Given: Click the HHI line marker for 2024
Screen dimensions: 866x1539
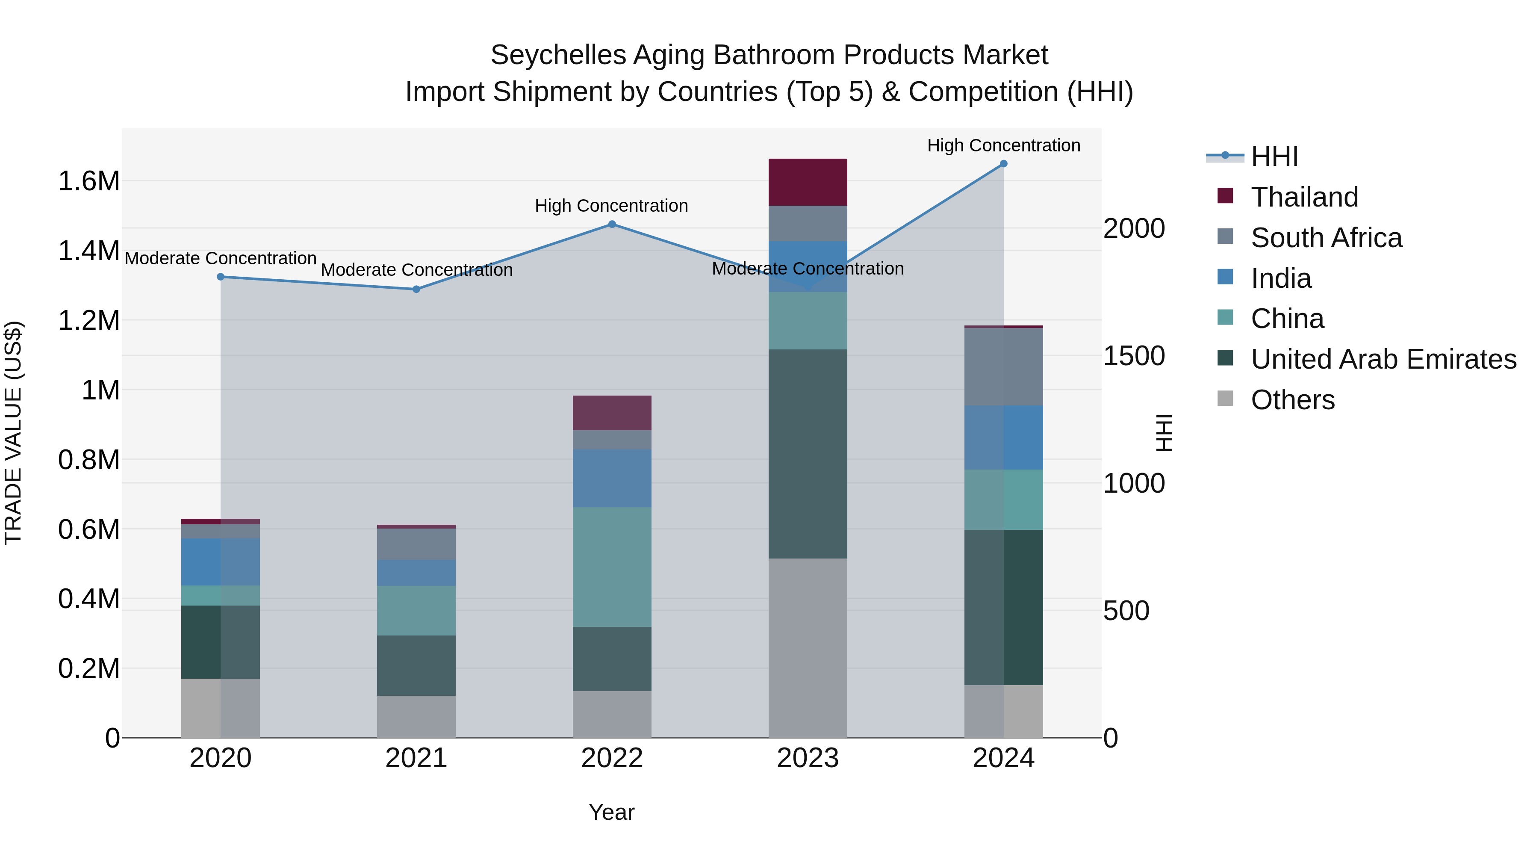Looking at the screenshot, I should click(x=1004, y=164).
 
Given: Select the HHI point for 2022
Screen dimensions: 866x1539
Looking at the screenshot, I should click(x=612, y=224).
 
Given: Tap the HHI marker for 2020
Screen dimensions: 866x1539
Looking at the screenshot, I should click(x=221, y=277).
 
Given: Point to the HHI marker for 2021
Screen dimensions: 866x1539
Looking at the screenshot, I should click(x=416, y=289).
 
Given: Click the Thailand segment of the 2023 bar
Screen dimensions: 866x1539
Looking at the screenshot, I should click(x=808, y=182).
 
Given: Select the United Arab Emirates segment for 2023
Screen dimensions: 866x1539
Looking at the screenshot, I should click(x=808, y=454).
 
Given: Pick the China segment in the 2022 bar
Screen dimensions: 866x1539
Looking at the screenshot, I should click(x=612, y=567).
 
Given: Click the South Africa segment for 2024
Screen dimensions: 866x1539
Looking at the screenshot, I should click(x=1004, y=366).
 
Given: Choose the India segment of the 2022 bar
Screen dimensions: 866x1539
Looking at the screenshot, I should click(x=612, y=478).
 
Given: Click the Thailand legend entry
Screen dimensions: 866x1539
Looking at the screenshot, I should click(x=1304, y=197).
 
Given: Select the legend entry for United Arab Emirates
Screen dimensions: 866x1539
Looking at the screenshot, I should click(x=1383, y=359).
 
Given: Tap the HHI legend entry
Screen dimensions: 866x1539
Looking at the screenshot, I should click(x=1274, y=157).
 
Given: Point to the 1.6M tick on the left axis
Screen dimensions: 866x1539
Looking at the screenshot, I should click(x=88, y=181).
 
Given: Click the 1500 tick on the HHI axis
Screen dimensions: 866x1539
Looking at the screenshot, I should click(x=1134, y=356).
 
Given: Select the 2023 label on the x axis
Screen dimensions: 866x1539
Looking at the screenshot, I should click(x=808, y=758).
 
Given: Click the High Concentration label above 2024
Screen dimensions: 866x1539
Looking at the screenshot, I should click(x=1004, y=145).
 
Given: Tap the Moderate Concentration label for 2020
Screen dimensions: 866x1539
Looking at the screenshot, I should click(x=221, y=258).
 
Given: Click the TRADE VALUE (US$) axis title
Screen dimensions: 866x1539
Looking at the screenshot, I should click(x=13, y=433).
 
